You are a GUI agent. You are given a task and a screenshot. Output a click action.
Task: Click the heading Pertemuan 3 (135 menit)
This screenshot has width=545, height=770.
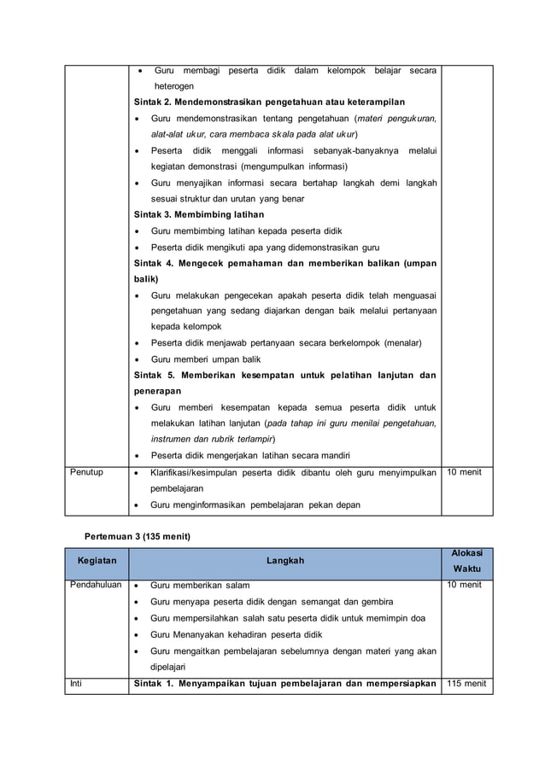click(x=137, y=535)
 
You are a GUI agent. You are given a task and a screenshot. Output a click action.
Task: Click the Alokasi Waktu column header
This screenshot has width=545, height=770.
click(x=466, y=561)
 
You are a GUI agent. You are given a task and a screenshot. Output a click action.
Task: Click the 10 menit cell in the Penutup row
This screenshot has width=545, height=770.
click(x=464, y=472)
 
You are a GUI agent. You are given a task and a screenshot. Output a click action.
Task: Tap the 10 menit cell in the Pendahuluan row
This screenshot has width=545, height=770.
click(x=464, y=586)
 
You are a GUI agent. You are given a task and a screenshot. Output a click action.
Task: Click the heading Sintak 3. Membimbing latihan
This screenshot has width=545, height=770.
click(x=199, y=214)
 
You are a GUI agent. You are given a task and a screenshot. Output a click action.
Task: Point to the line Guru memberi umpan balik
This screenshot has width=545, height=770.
click(x=205, y=359)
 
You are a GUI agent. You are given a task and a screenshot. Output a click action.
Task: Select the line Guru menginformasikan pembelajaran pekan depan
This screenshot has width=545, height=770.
click(x=255, y=505)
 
